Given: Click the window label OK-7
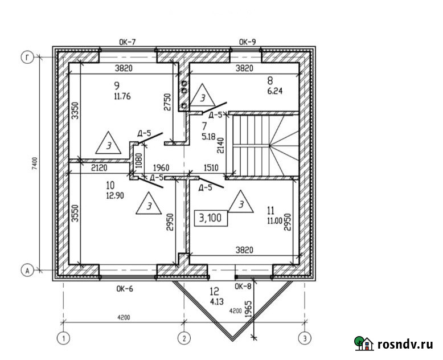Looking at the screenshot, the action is (x=128, y=42).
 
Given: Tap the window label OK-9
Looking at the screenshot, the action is (x=248, y=42).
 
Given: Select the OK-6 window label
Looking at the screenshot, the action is (x=125, y=289).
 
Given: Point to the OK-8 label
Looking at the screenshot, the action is (x=243, y=287).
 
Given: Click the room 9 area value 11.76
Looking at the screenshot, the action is (x=122, y=96).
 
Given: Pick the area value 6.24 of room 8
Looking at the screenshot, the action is (x=274, y=91).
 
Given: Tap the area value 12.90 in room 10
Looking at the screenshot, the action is (x=115, y=195).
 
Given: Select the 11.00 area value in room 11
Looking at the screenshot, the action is (x=275, y=220).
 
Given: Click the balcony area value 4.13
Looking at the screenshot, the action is (x=217, y=301).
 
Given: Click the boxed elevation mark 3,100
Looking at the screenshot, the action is (x=211, y=218).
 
